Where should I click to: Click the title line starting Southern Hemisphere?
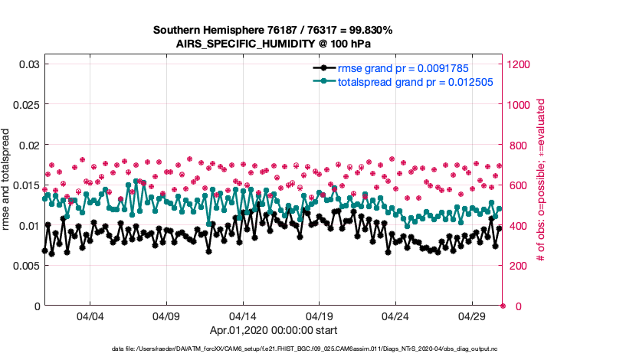tap(273, 31)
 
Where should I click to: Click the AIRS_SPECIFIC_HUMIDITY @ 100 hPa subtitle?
tap(273, 44)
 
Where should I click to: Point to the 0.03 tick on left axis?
tap(28, 64)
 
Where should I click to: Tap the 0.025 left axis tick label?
tap(25, 105)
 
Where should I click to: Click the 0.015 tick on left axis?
tap(25, 185)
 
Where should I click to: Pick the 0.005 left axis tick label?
tap(25, 266)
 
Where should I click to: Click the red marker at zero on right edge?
tap(503, 306)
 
